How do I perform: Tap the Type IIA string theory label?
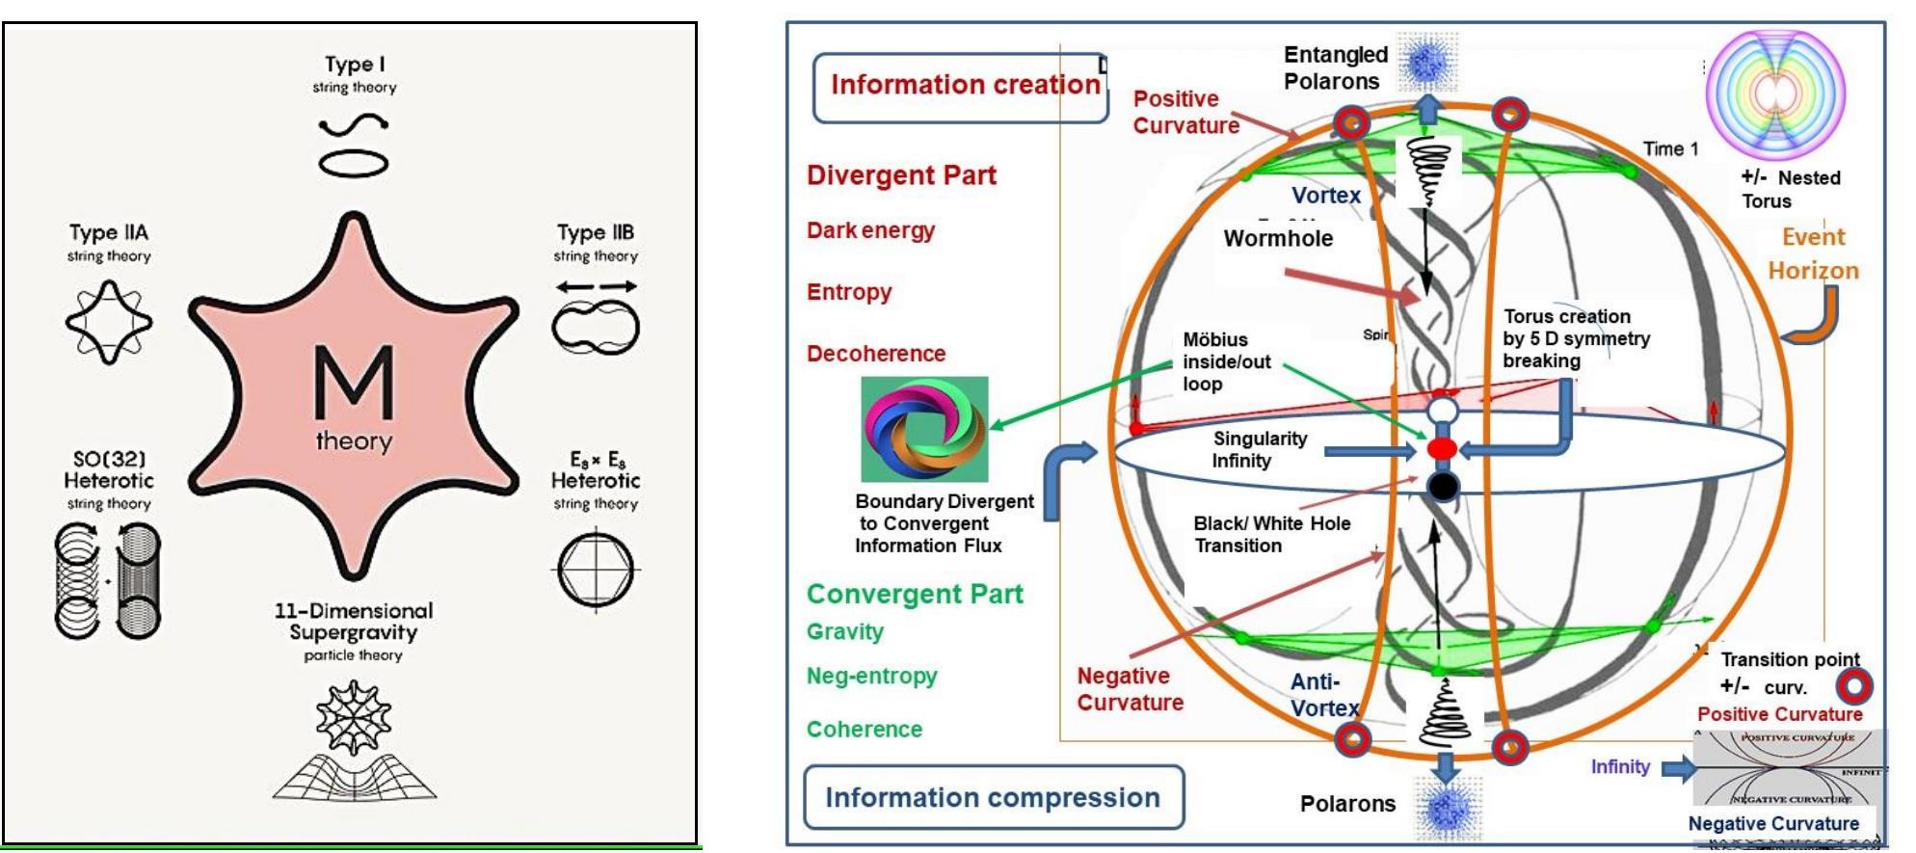(109, 242)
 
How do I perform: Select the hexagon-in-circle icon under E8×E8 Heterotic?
(596, 570)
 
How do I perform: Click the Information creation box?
(962, 87)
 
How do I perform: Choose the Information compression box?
(993, 797)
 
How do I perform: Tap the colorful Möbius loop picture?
(923, 429)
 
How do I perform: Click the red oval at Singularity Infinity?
(1442, 449)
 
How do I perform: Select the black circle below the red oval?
(1442, 487)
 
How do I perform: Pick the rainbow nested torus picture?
(1774, 94)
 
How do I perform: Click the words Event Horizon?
(1813, 253)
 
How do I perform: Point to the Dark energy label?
(870, 230)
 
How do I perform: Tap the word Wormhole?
(1278, 238)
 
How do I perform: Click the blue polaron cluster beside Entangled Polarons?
(1427, 62)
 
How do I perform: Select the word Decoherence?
(875, 354)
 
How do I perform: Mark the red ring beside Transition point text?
(1853, 686)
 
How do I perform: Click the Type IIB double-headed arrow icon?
(596, 286)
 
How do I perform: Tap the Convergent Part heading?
(915, 594)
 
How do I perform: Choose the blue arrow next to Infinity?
(1678, 767)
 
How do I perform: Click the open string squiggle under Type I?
(354, 125)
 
